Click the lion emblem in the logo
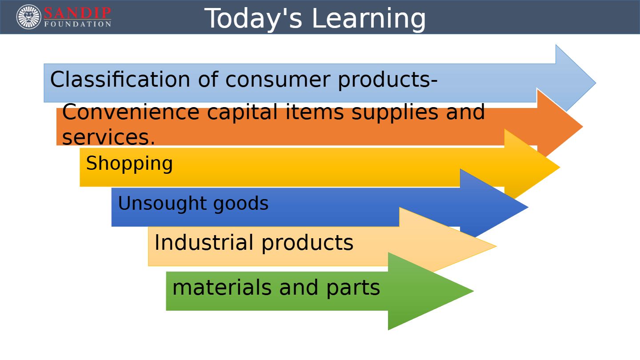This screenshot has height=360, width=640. click(x=28, y=17)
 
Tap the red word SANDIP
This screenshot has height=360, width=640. click(x=77, y=13)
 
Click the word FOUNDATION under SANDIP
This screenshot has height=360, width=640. click(x=77, y=24)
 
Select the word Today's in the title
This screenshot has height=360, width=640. click(x=253, y=19)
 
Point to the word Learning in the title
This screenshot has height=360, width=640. click(x=369, y=19)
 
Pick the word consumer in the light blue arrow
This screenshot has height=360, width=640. click(x=278, y=80)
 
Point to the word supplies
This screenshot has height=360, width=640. click(x=395, y=112)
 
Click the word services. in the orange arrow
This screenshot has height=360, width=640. click(x=108, y=137)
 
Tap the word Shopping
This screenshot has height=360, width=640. click(x=129, y=164)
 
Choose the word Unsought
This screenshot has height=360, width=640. click(x=162, y=203)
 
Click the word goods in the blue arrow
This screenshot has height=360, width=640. click(x=241, y=204)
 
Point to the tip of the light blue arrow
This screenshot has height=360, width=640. click(x=596, y=83)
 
